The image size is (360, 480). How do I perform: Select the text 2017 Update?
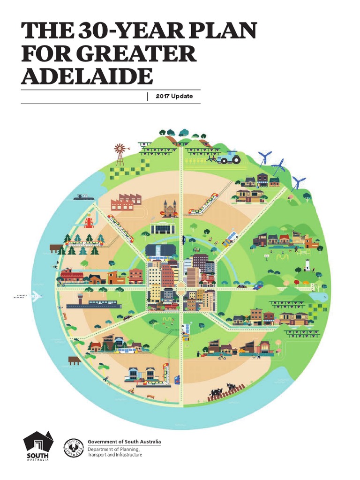(x=174, y=97)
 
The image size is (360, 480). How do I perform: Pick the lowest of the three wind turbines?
(x=298, y=182)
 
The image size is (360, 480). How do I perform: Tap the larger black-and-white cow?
(x=216, y=392)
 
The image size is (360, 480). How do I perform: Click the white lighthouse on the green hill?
(x=307, y=264)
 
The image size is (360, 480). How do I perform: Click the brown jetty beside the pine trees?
(x=55, y=247)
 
